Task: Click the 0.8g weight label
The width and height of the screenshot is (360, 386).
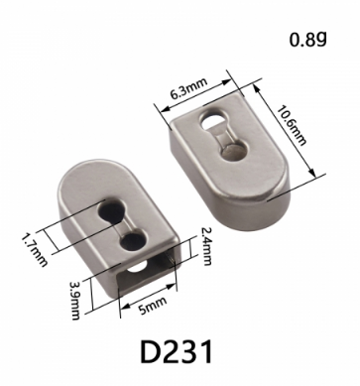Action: point(308,40)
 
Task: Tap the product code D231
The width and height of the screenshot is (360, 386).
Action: point(177,351)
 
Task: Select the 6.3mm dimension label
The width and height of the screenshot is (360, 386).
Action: point(188,88)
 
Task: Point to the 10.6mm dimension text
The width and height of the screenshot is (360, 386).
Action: point(292,125)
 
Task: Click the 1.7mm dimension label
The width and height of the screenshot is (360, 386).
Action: point(35,250)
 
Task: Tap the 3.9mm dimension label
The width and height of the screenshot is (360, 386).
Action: point(74,301)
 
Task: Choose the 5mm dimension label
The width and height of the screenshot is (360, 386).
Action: point(153,306)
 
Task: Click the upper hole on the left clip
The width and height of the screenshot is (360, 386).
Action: point(111,210)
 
